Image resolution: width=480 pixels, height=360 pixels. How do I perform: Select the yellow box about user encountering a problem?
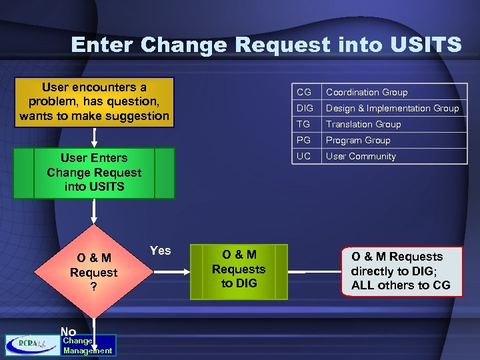tap(94, 101)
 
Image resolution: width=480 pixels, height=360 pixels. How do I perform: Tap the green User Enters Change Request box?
tap(94, 173)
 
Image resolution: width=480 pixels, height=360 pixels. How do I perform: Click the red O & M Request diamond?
tap(94, 273)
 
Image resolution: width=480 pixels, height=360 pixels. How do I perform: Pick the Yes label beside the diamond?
tap(160, 251)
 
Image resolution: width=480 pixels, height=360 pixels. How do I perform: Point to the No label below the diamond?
tap(68, 331)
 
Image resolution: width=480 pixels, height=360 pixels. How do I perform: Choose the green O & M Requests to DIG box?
tap(239, 270)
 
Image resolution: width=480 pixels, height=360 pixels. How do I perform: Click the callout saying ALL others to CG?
tap(401, 271)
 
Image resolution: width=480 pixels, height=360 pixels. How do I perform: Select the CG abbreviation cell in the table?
tap(304, 92)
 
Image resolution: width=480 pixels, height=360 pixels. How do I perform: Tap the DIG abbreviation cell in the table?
tap(305, 108)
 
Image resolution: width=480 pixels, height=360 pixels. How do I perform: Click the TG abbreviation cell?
tap(304, 124)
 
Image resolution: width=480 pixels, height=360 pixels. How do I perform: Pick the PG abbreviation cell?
tap(304, 140)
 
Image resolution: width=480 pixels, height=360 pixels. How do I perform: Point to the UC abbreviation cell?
tap(304, 156)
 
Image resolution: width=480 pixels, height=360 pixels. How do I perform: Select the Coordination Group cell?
tap(367, 92)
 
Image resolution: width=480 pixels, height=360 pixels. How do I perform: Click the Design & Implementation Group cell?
tap(392, 108)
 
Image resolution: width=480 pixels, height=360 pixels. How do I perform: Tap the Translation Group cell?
tap(363, 124)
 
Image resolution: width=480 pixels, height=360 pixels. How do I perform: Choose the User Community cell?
tap(361, 156)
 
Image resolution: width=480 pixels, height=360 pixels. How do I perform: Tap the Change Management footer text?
tap(87, 345)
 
